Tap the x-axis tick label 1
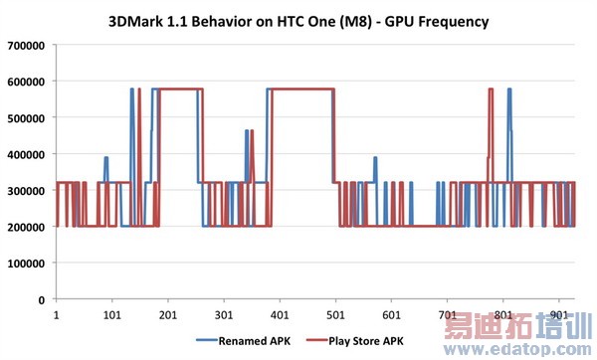click(x=57, y=315)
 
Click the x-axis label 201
click(x=168, y=315)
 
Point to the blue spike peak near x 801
click(x=509, y=90)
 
